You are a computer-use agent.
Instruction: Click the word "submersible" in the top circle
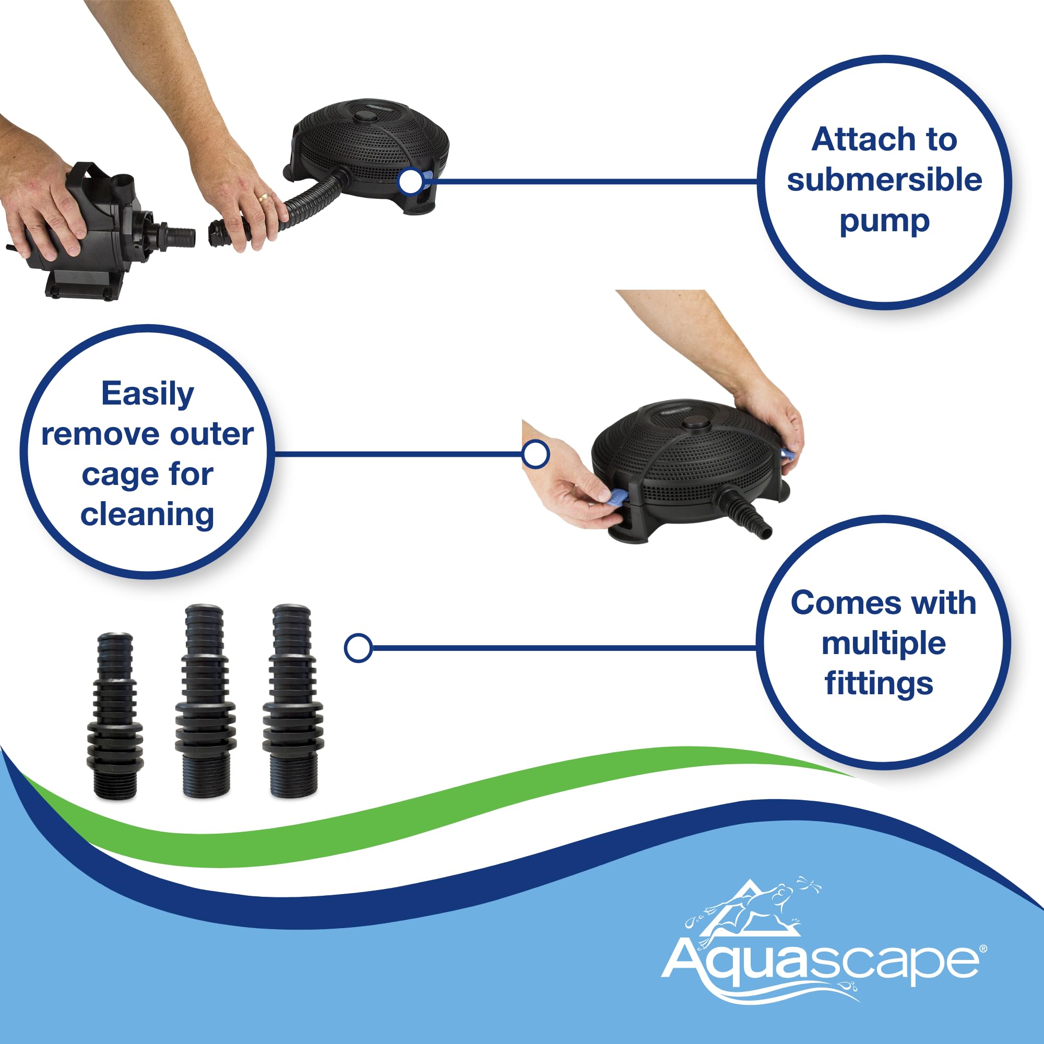(x=884, y=180)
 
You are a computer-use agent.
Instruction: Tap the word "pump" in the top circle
(x=885, y=221)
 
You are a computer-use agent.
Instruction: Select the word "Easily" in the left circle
(x=148, y=395)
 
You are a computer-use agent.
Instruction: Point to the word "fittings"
(x=879, y=684)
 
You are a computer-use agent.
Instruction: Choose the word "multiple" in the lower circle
(x=884, y=644)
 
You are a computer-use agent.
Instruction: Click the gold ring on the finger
(x=264, y=197)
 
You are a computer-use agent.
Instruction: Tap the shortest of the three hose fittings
(x=115, y=716)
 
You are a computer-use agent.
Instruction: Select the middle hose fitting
(x=205, y=701)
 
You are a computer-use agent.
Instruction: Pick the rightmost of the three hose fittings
(x=293, y=701)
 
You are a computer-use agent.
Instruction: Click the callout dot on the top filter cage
(x=411, y=181)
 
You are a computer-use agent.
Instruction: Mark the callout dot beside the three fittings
(x=358, y=647)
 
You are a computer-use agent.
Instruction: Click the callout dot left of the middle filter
(x=536, y=454)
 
